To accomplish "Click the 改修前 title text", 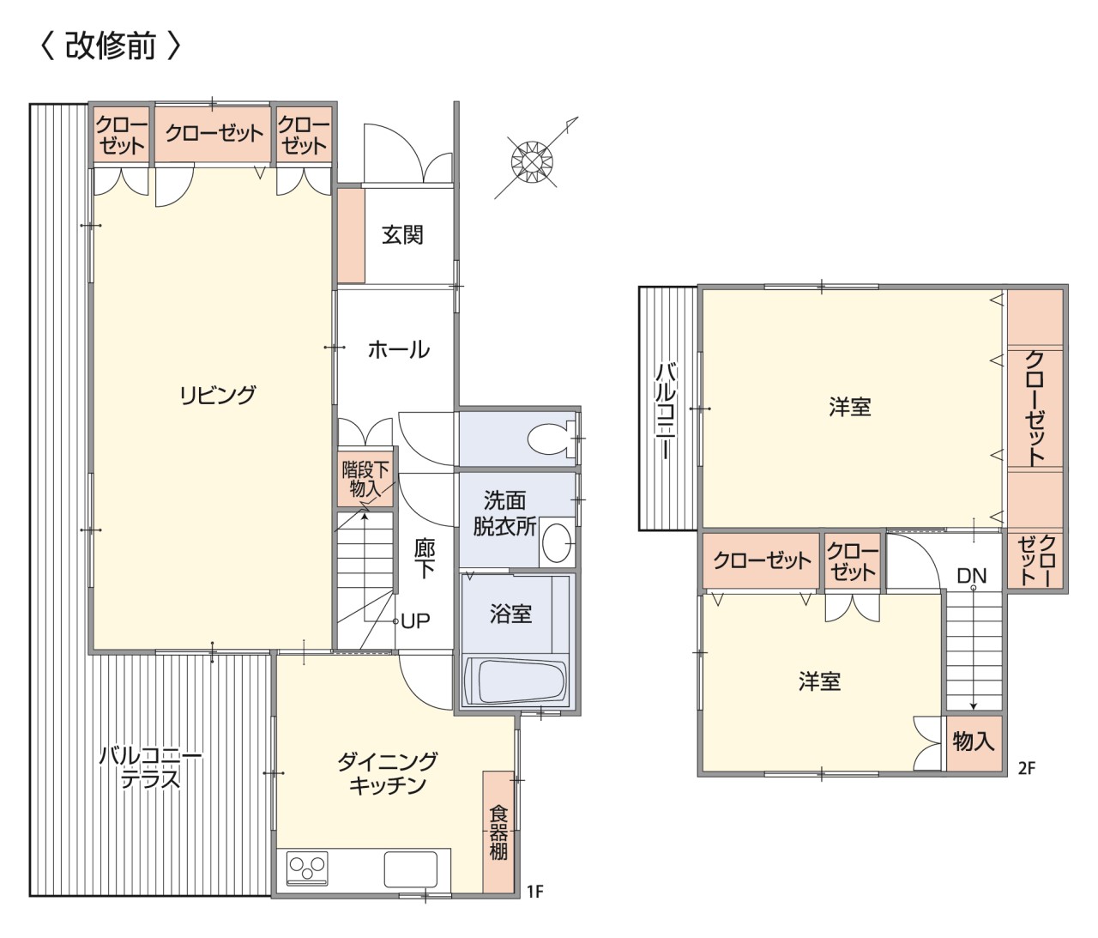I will (x=111, y=45).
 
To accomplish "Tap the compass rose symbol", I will (x=531, y=159).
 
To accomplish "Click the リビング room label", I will (x=218, y=395).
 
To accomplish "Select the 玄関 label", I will (x=402, y=234).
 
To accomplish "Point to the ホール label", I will (x=398, y=349).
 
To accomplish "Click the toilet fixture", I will (x=550, y=439).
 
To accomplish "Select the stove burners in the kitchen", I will (x=307, y=868).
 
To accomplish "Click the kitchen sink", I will (x=411, y=868).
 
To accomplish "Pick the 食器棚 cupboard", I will (x=498, y=832).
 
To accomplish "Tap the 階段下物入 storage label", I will (x=365, y=480).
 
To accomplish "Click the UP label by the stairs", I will (x=416, y=620).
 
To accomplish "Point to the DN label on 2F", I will (x=972, y=576).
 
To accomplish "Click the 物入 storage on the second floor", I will (x=974, y=741).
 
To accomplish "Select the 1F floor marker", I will (x=534, y=892).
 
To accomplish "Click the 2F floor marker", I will (x=1027, y=768).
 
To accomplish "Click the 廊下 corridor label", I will (x=425, y=559).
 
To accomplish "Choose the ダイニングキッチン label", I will (x=388, y=772).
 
